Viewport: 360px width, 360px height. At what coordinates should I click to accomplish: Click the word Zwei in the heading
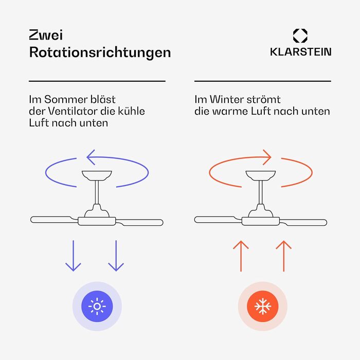pyautogui.click(x=46, y=35)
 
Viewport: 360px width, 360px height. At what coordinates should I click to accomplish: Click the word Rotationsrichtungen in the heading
pyautogui.click(x=100, y=52)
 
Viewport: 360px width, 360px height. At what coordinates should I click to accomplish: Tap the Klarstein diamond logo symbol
pyautogui.click(x=300, y=35)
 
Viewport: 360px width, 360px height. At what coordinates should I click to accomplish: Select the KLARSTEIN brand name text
pyautogui.click(x=300, y=52)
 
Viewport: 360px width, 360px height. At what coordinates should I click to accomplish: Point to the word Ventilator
pyautogui.click(x=73, y=112)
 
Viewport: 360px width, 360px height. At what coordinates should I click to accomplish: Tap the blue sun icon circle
pyautogui.click(x=97, y=307)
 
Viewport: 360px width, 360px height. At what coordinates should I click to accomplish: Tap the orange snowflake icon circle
pyautogui.click(x=263, y=307)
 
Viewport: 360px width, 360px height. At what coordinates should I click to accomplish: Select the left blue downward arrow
pyautogui.click(x=73, y=256)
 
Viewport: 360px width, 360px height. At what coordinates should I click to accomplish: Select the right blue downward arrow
pyautogui.click(x=116, y=256)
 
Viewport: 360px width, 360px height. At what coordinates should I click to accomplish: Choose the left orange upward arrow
pyautogui.click(x=241, y=256)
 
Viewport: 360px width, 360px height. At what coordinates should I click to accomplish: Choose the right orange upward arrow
pyautogui.click(x=283, y=256)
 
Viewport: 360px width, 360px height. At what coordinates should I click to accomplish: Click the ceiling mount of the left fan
pyautogui.click(x=97, y=175)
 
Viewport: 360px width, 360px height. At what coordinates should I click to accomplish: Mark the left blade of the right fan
pyautogui.click(x=218, y=220)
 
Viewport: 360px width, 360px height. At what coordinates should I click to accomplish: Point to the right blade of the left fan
pyautogui.click(x=139, y=223)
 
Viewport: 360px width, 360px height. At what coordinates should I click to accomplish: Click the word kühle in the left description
pyautogui.click(x=131, y=112)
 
